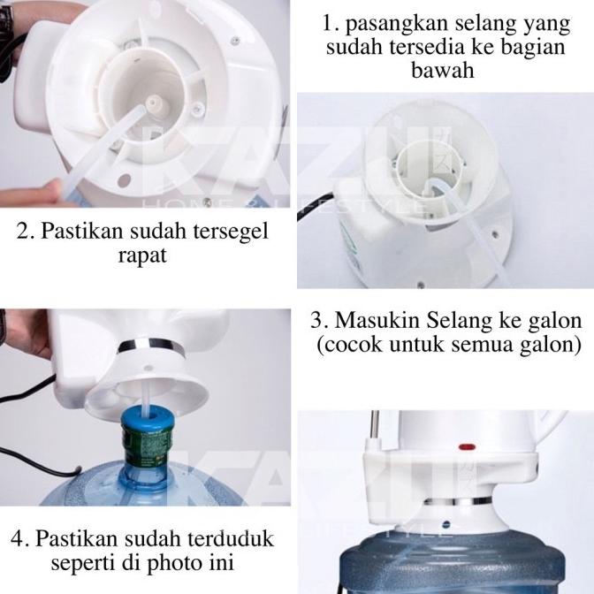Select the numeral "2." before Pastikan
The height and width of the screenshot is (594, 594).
pos(28,232)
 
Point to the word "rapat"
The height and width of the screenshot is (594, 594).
pos(148,257)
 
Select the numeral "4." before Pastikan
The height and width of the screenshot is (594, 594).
pos(21,537)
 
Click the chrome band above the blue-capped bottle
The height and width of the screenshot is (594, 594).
pos(151,346)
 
